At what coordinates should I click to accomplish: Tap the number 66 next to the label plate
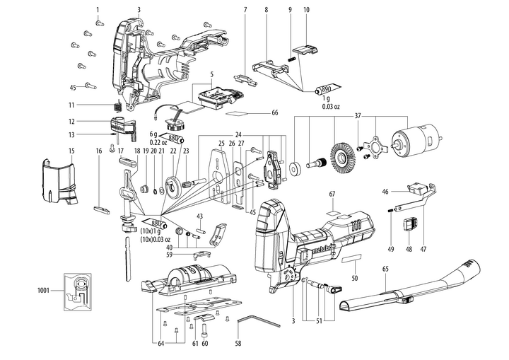click(275, 113)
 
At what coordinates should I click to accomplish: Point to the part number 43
click(200, 215)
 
